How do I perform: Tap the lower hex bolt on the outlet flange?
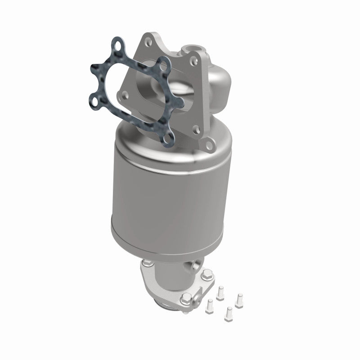[186, 297]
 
